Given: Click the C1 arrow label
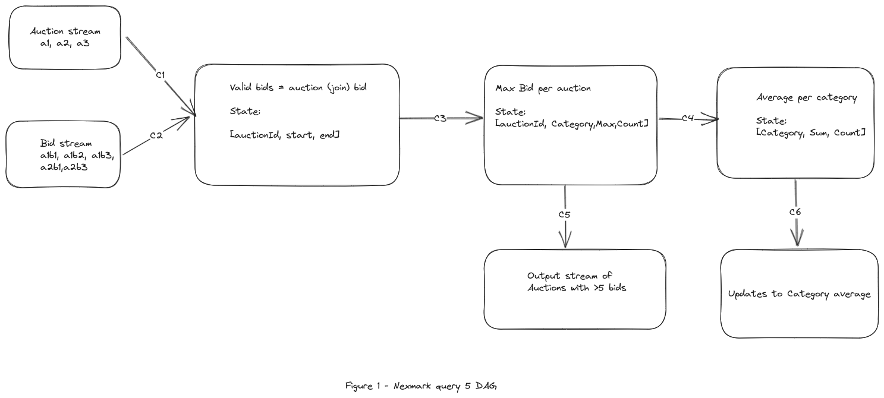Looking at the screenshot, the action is tap(160, 75).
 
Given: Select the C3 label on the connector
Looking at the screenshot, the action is tap(440, 118).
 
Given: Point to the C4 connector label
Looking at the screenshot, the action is tap(688, 118).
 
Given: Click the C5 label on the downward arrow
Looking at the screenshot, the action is tap(564, 214).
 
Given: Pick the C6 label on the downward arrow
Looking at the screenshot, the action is tap(795, 212).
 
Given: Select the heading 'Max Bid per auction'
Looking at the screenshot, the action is tap(543, 89).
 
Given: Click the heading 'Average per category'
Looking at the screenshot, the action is tap(806, 98).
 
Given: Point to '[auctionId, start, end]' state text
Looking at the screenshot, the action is tap(285, 135).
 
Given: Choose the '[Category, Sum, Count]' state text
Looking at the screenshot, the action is tap(810, 133).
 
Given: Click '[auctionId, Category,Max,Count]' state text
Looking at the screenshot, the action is tap(571, 124).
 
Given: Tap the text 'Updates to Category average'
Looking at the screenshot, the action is tap(799, 294).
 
